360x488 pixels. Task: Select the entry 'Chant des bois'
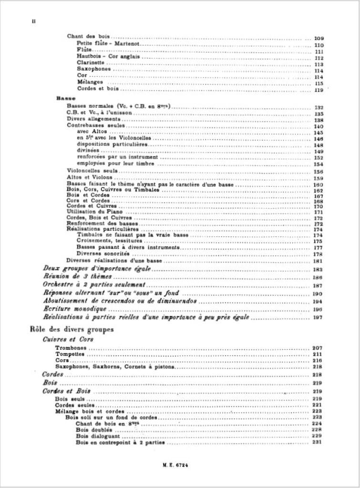[x=88, y=36]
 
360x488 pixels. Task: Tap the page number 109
[x=319, y=38]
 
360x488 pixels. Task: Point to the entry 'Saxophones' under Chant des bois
[x=93, y=69]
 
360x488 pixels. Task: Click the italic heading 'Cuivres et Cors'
[x=68, y=339]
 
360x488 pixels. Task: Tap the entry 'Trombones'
[x=71, y=348]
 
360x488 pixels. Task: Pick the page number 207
[x=317, y=349]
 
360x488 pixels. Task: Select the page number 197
[x=318, y=317]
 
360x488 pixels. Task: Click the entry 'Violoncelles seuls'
[x=92, y=171]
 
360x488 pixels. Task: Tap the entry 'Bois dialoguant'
[x=98, y=436]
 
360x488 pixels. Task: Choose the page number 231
[x=318, y=443]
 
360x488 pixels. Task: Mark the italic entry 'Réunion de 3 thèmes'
[x=77, y=277]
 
